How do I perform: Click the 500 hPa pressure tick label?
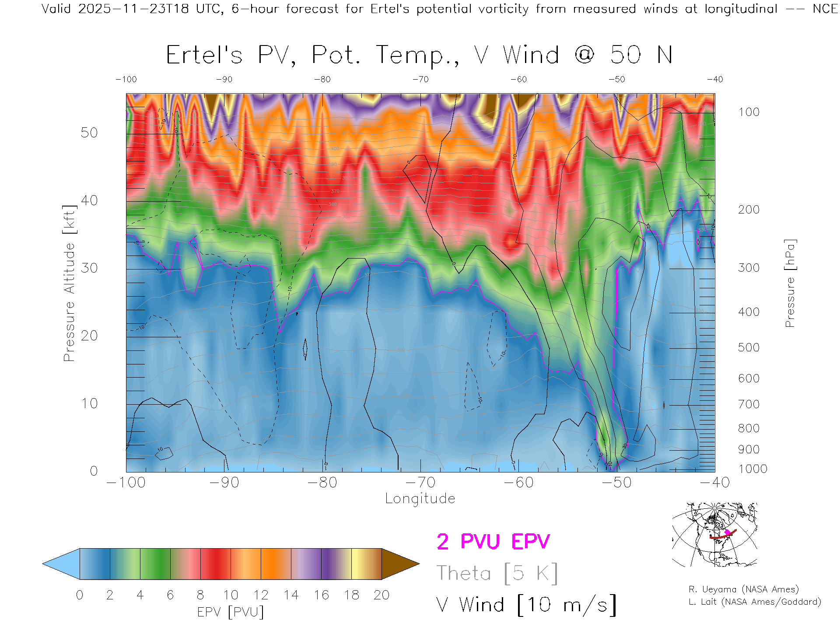click(749, 347)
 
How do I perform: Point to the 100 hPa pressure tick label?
click(749, 112)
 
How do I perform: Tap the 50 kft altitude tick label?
click(89, 133)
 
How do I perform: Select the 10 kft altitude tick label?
click(89, 403)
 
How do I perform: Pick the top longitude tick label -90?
click(224, 80)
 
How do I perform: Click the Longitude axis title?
click(420, 499)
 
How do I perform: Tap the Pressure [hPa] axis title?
click(790, 283)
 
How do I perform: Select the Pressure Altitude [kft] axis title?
click(69, 283)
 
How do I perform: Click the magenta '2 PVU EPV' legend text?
click(493, 542)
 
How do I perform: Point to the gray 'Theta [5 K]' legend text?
click(497, 573)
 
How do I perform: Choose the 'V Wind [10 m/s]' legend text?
click(526, 605)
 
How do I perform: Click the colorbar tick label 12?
click(261, 595)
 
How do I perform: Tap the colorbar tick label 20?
click(381, 595)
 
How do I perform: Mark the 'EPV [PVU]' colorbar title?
click(231, 612)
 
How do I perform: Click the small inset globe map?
click(714, 535)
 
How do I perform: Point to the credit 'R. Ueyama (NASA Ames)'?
click(743, 589)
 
